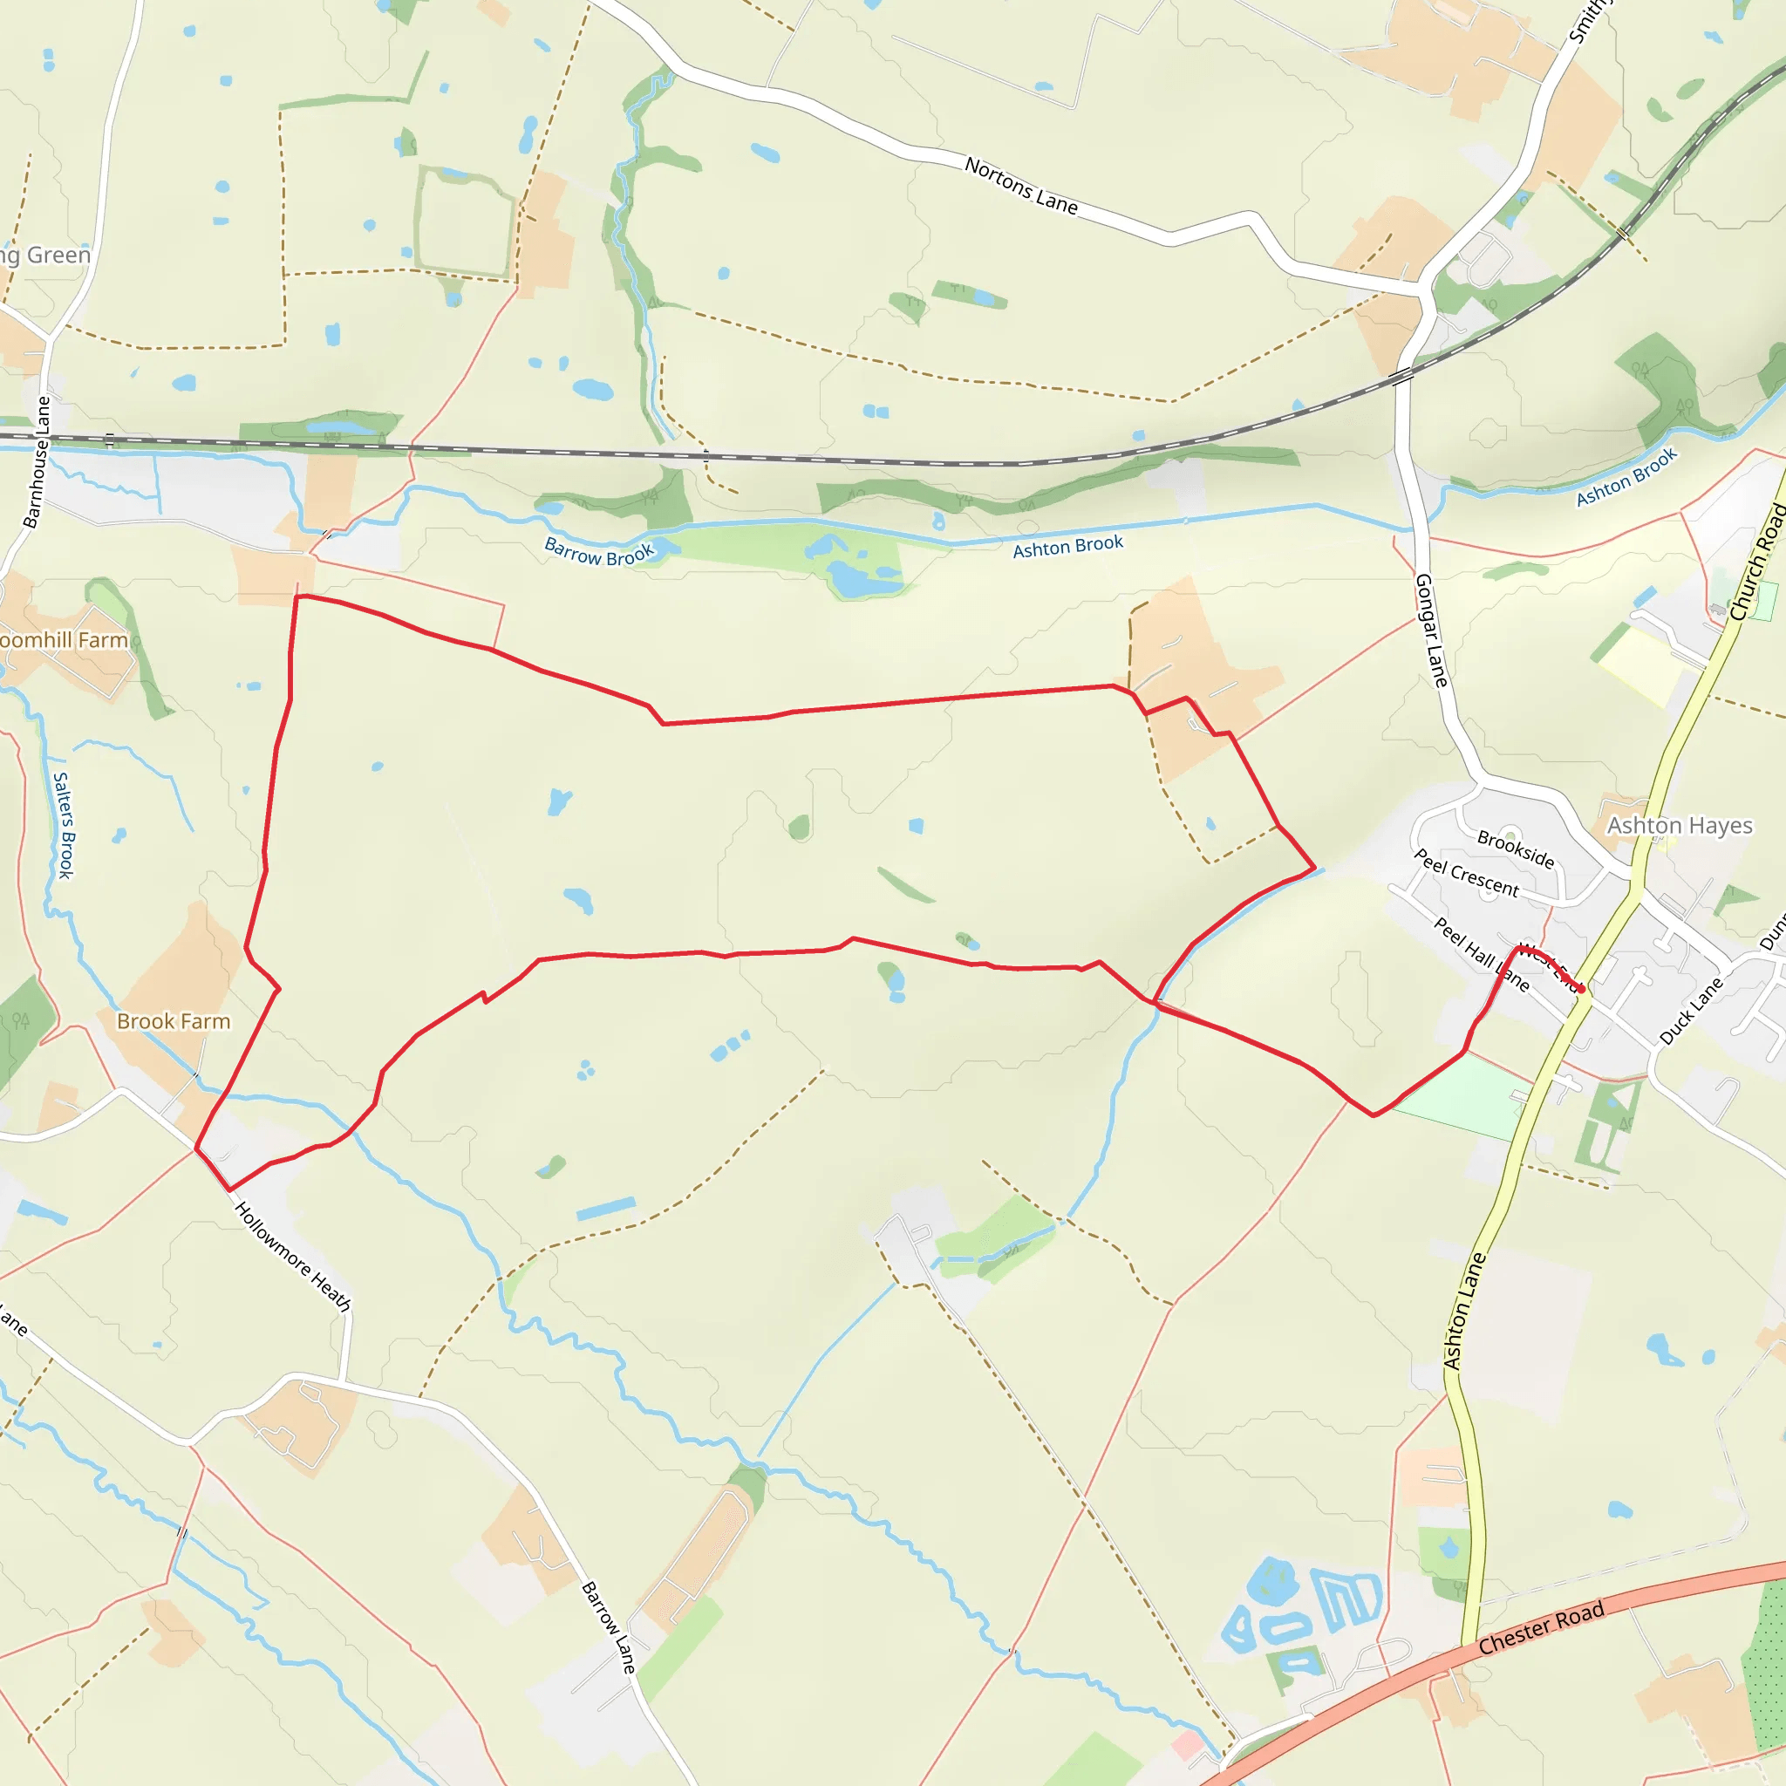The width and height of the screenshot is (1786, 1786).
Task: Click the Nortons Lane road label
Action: [1020, 185]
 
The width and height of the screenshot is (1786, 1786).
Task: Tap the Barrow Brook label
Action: [599, 552]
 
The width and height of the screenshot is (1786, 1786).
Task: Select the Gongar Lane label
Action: [1431, 631]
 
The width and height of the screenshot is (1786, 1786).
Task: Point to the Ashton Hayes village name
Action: [1679, 826]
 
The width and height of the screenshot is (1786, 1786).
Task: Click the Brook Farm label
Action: [173, 1021]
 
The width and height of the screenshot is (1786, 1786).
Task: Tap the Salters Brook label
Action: [64, 826]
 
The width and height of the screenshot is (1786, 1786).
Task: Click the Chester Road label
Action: [1541, 1629]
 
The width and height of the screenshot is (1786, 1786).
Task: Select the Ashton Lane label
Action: [1464, 1311]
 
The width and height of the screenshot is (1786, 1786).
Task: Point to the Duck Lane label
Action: [1691, 1012]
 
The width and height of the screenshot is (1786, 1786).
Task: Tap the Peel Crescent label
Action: [1466, 874]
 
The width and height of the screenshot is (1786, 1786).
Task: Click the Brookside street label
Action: [1515, 849]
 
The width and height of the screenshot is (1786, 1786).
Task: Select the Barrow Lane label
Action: [609, 1628]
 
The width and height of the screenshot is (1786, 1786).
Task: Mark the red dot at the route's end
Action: [1582, 989]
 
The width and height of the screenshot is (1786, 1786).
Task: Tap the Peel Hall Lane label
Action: [1481, 954]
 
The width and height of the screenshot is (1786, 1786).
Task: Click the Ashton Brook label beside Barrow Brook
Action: [1067, 546]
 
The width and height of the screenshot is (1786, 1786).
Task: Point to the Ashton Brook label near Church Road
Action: [1626, 477]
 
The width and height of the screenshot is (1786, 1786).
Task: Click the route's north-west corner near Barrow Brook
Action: [297, 597]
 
